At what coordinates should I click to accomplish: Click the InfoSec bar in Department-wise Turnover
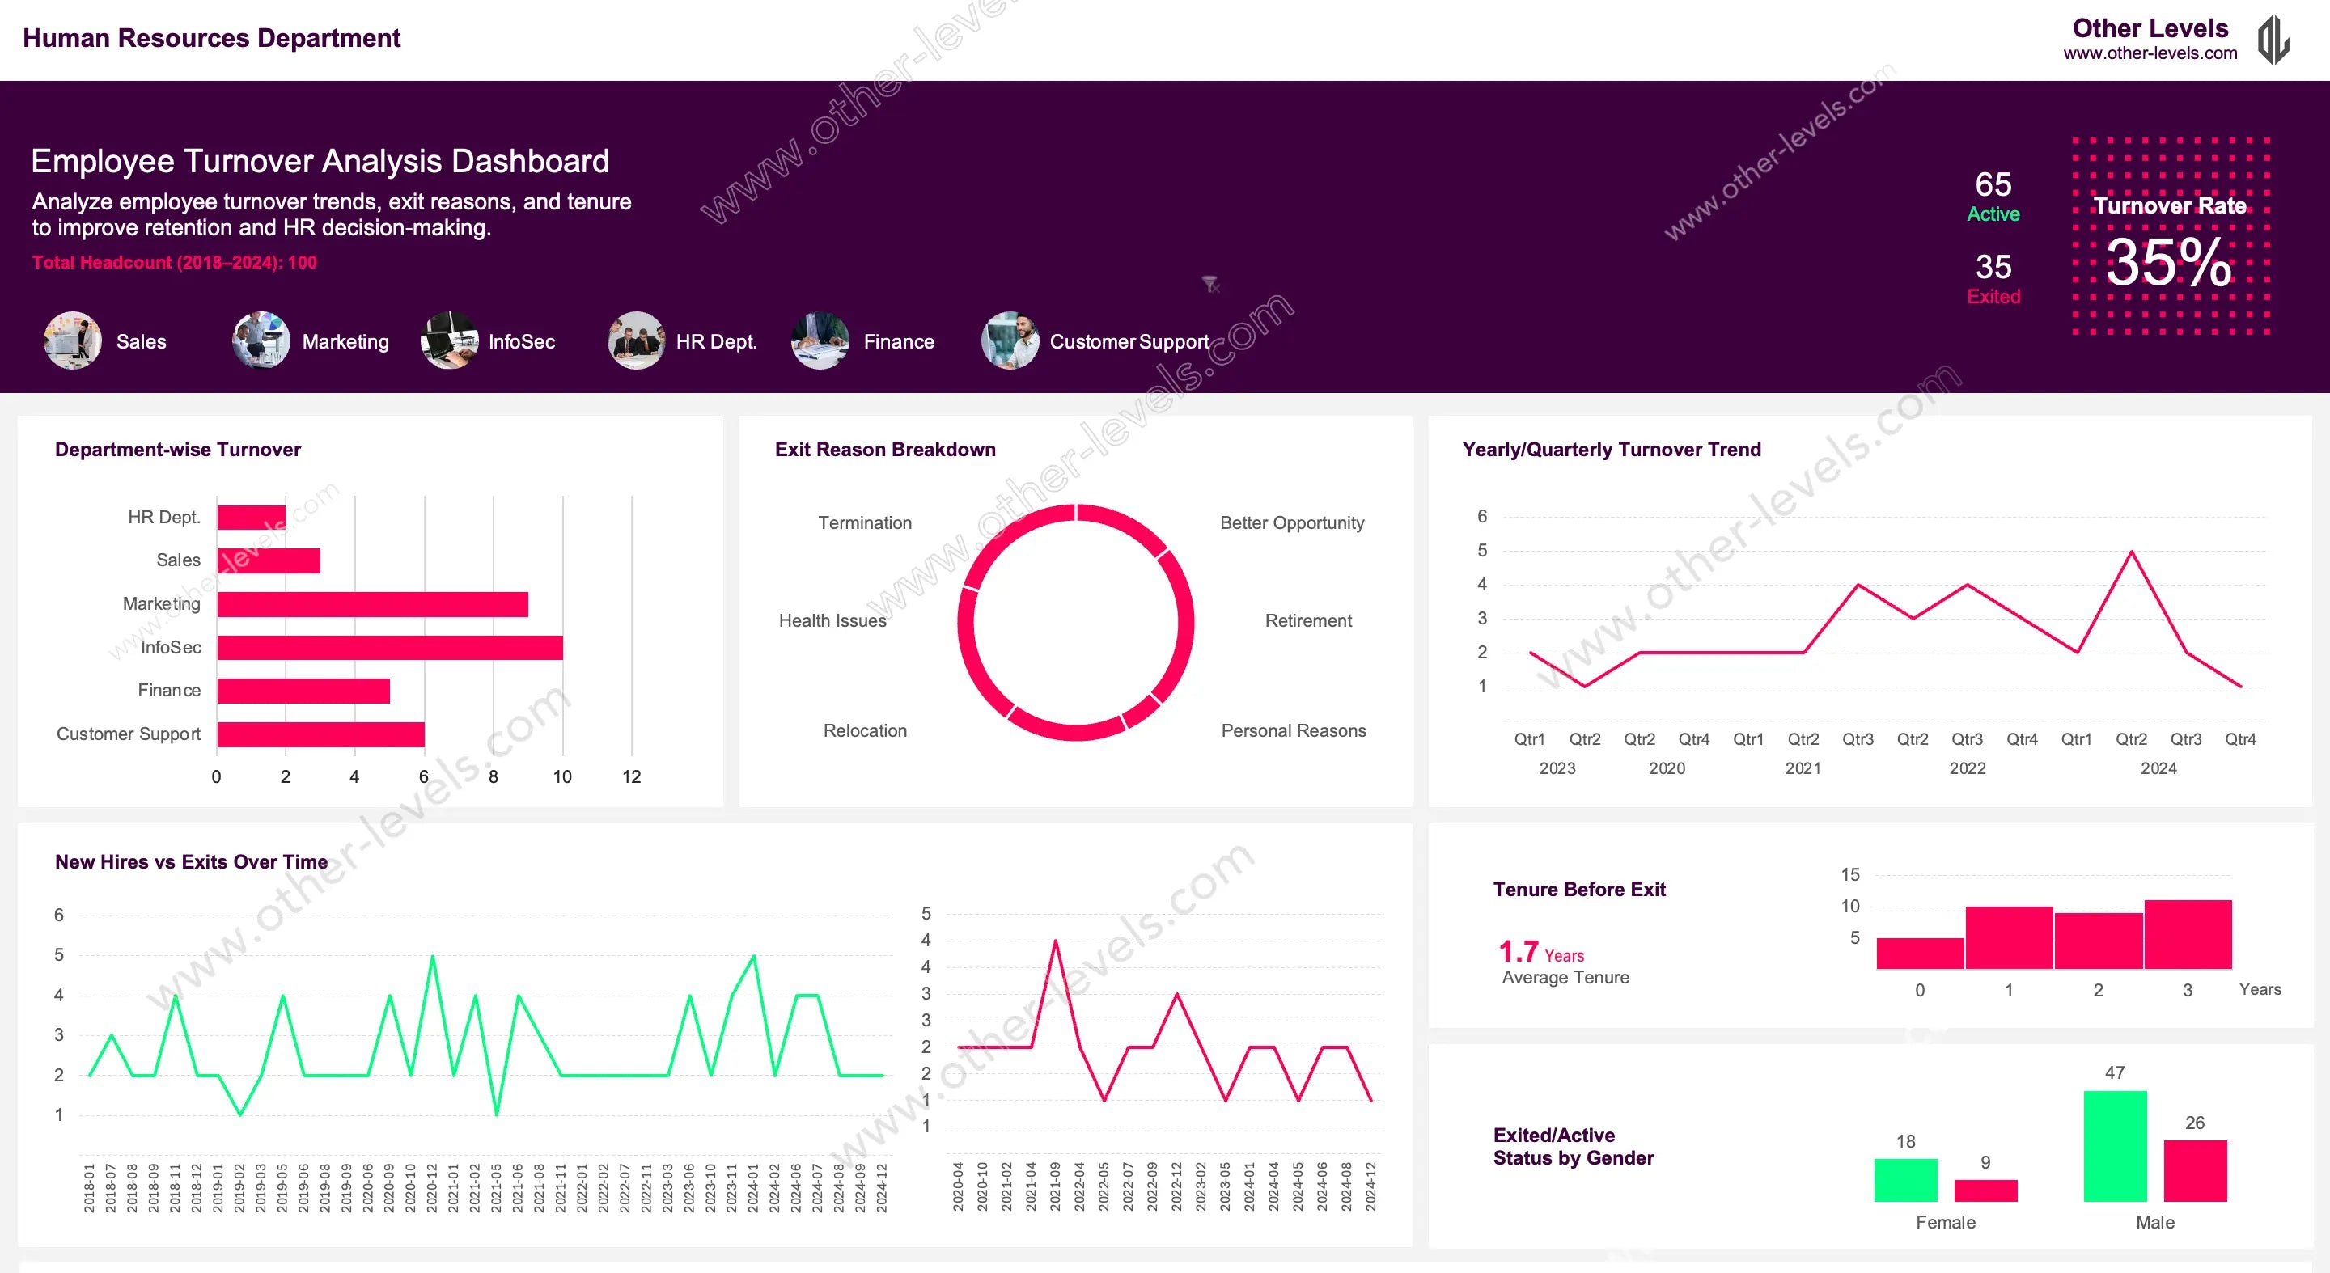pyautogui.click(x=389, y=647)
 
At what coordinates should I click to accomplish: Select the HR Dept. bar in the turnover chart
pyautogui.click(x=251, y=517)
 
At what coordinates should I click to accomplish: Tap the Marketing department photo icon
pyautogui.click(x=261, y=340)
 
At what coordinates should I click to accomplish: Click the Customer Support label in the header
pyautogui.click(x=1128, y=342)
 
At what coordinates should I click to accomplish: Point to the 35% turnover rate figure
pyautogui.click(x=2168, y=263)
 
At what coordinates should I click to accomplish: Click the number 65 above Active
pyautogui.click(x=1993, y=184)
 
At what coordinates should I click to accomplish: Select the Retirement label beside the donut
pyautogui.click(x=1307, y=620)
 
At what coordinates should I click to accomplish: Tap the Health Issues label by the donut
pyautogui.click(x=832, y=620)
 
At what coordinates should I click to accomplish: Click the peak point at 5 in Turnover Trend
pyautogui.click(x=2131, y=552)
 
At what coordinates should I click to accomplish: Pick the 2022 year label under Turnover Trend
pyautogui.click(x=1967, y=768)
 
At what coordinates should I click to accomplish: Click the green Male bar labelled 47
pyautogui.click(x=2114, y=1145)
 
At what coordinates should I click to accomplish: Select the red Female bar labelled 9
pyautogui.click(x=1985, y=1190)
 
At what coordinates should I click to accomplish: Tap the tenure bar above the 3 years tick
pyautogui.click(x=2186, y=934)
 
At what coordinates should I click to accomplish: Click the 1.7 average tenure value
pyautogui.click(x=1518, y=951)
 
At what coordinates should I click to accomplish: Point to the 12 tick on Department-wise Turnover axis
pyautogui.click(x=631, y=776)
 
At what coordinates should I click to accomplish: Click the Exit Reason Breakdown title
pyautogui.click(x=884, y=450)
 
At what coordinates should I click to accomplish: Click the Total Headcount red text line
pyautogui.click(x=175, y=262)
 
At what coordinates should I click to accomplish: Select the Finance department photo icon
pyautogui.click(x=820, y=340)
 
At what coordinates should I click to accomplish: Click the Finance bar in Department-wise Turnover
pyautogui.click(x=303, y=691)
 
